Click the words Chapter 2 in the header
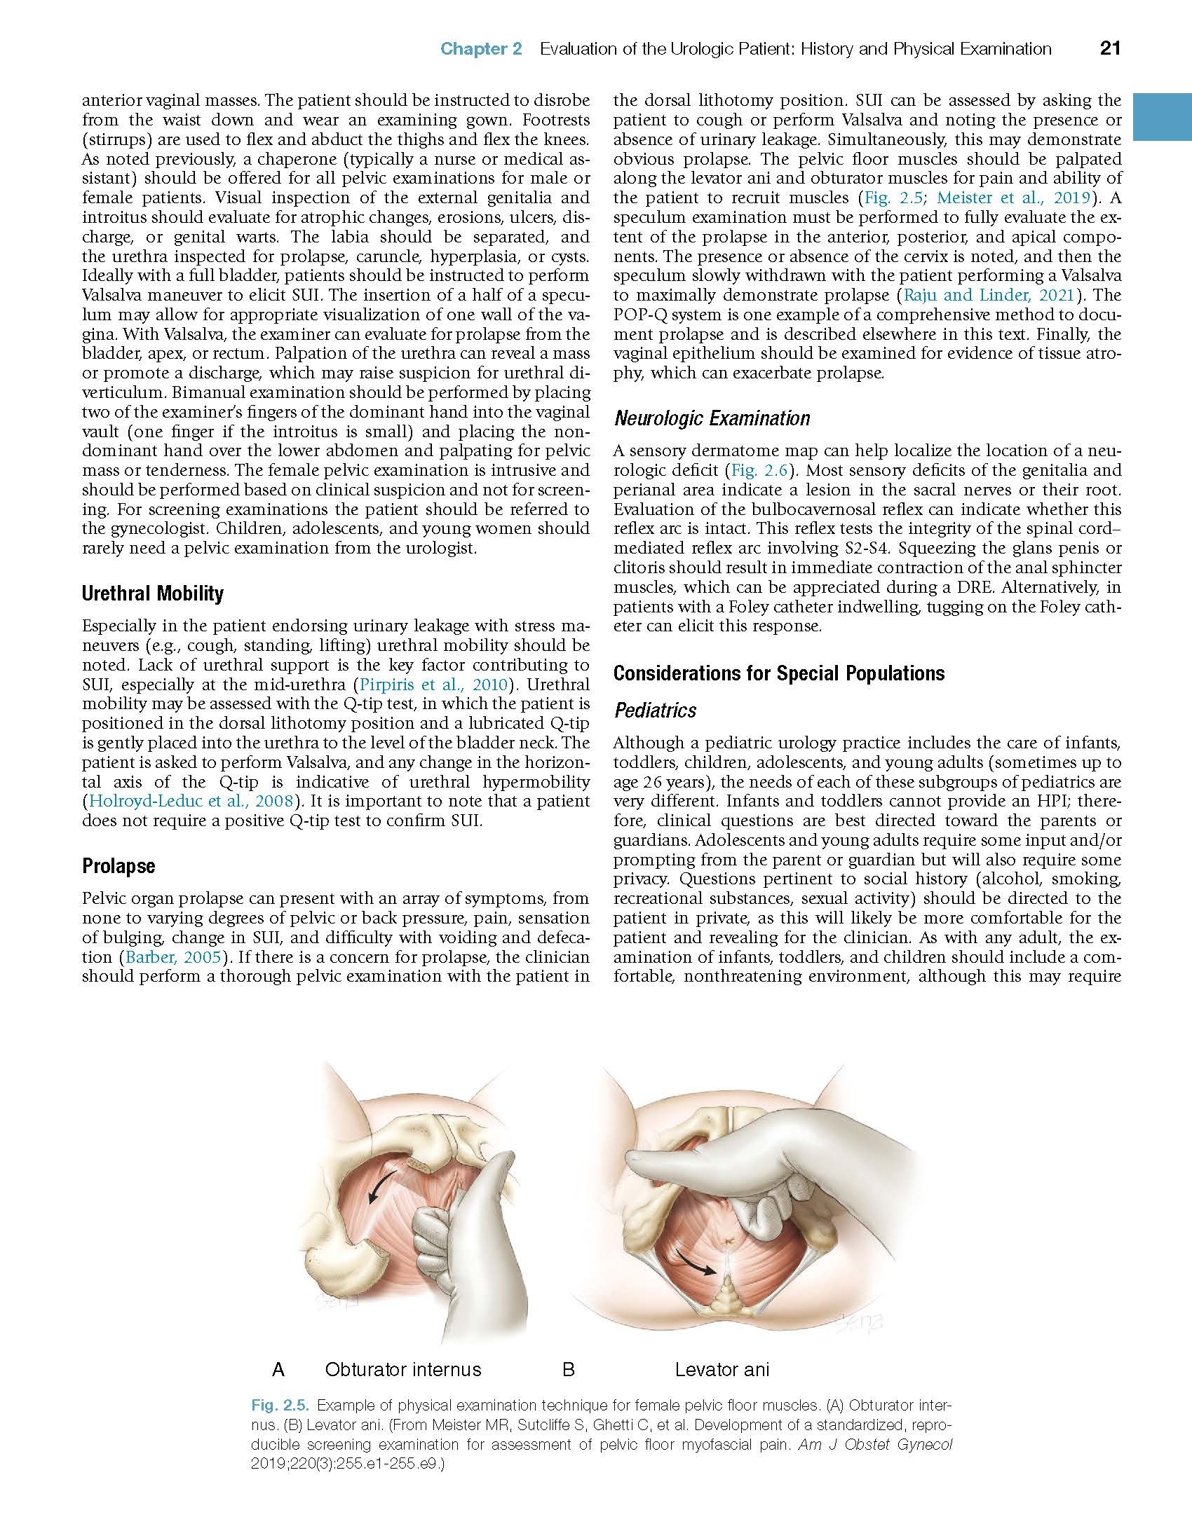click(x=481, y=49)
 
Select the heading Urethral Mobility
click(x=152, y=593)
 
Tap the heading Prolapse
click(x=118, y=866)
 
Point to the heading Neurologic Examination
click(x=711, y=418)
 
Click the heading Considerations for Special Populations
click(x=778, y=673)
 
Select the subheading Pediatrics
click(x=655, y=710)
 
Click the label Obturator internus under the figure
click(x=402, y=1369)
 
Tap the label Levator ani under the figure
click(x=722, y=1369)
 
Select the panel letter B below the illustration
click(x=568, y=1369)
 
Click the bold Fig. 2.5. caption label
click(x=279, y=1406)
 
